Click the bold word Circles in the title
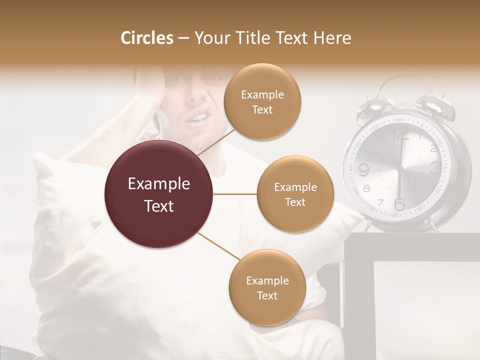click(146, 38)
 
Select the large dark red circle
click(159, 195)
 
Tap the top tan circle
click(262, 102)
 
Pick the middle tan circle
click(295, 194)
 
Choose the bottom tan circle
click(267, 288)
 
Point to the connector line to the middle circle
click(235, 194)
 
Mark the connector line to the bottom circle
click(218, 246)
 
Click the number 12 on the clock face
click(400, 134)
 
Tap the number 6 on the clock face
click(399, 204)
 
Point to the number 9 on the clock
click(363, 170)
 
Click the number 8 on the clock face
click(367, 188)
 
